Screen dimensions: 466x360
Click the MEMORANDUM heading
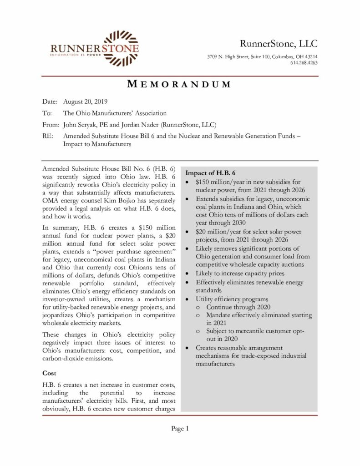click(x=179, y=84)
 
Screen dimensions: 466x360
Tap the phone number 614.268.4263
click(x=304, y=62)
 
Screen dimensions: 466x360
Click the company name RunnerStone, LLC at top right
click(x=279, y=44)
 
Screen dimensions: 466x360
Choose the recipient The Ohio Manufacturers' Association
click(x=115, y=113)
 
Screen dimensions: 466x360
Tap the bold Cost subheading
click(x=49, y=373)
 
